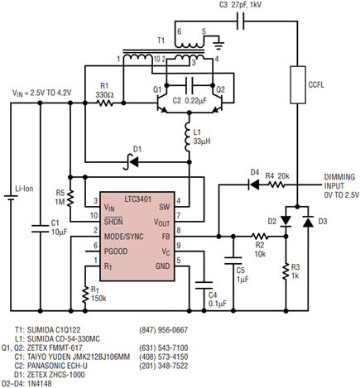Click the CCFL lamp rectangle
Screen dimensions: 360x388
pyautogui.click(x=298, y=84)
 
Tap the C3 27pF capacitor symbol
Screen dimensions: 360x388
pyautogui.click(x=241, y=21)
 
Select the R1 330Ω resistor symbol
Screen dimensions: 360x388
pyautogui.click(x=104, y=103)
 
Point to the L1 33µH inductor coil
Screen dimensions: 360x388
pyautogui.click(x=189, y=137)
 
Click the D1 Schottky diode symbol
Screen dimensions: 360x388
pyautogui.click(x=131, y=162)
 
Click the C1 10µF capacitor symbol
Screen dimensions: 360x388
pyautogui.click(x=41, y=228)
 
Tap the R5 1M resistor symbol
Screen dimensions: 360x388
pyautogui.click(x=70, y=198)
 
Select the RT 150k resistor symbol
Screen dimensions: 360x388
pyautogui.click(x=85, y=295)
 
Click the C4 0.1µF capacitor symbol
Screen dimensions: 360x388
pyautogui.click(x=204, y=285)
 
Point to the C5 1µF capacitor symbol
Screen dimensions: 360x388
pyautogui.click(x=233, y=261)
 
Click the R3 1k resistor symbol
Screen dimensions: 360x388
pyautogui.click(x=286, y=271)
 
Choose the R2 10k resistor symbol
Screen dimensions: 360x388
pyautogui.click(x=260, y=237)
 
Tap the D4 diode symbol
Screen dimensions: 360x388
pyautogui.click(x=253, y=184)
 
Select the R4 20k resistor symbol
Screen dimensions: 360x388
pyautogui.click(x=276, y=184)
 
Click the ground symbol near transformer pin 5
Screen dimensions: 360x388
pyautogui.click(x=218, y=45)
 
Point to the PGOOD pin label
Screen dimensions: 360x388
pyautogui.click(x=116, y=251)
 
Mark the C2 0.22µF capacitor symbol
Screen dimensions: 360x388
pyautogui.click(x=190, y=84)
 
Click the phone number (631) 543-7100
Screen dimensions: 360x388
pyautogui.click(x=164, y=347)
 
